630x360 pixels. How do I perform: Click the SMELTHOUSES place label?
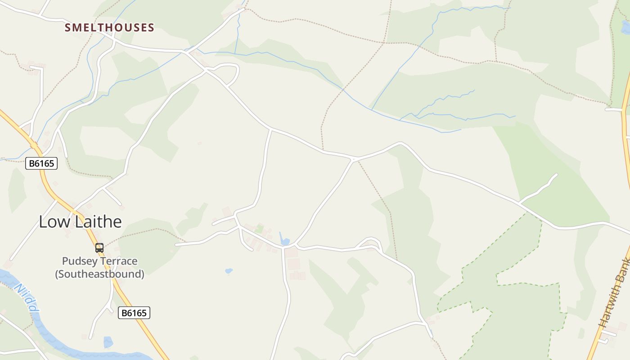click(x=109, y=27)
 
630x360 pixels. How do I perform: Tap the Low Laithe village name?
click(x=80, y=221)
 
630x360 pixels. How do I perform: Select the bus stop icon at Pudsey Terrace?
click(x=99, y=248)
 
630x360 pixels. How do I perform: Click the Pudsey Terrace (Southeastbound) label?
click(x=99, y=267)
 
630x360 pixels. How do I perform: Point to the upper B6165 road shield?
click(x=41, y=163)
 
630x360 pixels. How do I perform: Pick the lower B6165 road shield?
click(x=134, y=313)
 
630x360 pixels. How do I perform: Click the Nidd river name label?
click(x=27, y=297)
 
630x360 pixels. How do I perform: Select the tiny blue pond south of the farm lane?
click(x=229, y=271)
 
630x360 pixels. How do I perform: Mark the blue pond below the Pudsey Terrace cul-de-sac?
click(x=108, y=342)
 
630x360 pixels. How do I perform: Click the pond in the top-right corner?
click(x=625, y=27)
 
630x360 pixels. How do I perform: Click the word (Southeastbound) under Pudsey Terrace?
click(x=99, y=274)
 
